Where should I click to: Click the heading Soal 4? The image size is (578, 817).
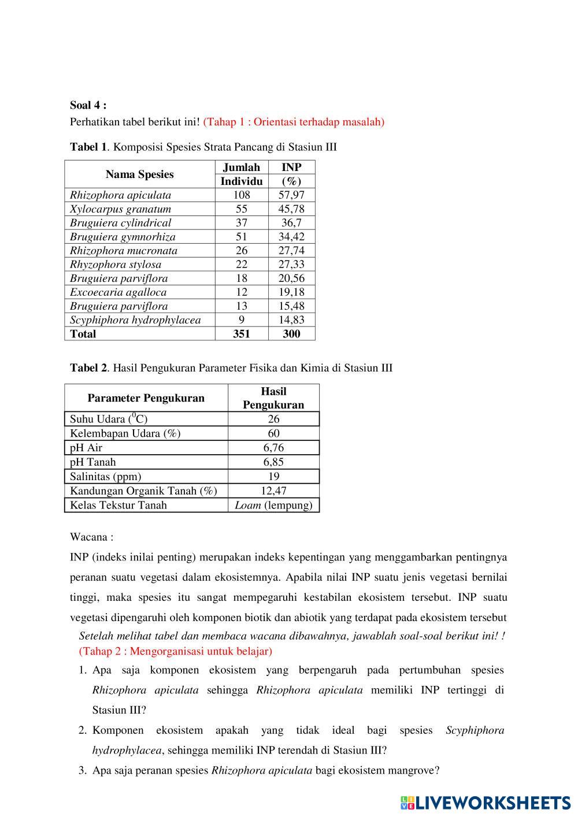88,105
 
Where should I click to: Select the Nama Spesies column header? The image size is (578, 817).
139,174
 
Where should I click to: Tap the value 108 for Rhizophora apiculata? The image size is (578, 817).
241,195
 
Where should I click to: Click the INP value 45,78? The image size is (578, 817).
291,209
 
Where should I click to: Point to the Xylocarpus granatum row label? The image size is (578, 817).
120,209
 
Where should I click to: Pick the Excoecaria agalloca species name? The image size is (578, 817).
118,292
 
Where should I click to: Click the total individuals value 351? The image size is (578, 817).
241,334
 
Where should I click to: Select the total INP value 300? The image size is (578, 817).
291,334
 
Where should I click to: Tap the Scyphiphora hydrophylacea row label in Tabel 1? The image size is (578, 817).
135,320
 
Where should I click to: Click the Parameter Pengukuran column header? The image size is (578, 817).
146,398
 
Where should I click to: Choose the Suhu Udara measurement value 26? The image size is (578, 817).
273,419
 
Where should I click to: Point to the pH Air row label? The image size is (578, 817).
86,448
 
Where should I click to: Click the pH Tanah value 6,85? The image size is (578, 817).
273,462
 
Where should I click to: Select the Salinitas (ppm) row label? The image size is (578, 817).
105,477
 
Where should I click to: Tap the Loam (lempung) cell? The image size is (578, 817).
273,506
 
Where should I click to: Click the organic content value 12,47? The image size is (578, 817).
273,491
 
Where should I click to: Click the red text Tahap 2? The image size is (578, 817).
175,651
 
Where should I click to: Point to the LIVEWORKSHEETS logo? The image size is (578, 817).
486,803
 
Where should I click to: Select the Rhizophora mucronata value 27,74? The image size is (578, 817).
291,251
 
